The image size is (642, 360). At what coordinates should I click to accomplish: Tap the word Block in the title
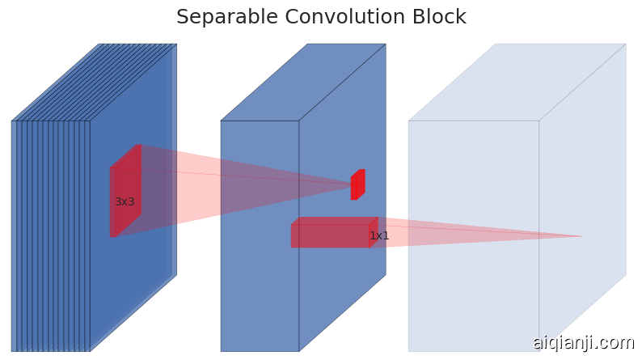tap(440, 17)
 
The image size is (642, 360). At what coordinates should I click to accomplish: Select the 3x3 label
tap(125, 201)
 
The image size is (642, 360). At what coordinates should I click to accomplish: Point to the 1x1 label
tap(379, 236)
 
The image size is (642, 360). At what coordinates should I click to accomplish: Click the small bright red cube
tap(357, 184)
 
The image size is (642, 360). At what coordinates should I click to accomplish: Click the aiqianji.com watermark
tap(583, 342)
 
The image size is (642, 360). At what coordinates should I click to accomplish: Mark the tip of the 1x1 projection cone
tap(579, 236)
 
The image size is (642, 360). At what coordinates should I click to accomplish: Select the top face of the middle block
tap(303, 82)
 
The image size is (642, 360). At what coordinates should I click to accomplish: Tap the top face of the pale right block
tap(517, 82)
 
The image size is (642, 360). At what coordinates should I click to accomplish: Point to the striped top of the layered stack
tap(93, 82)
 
